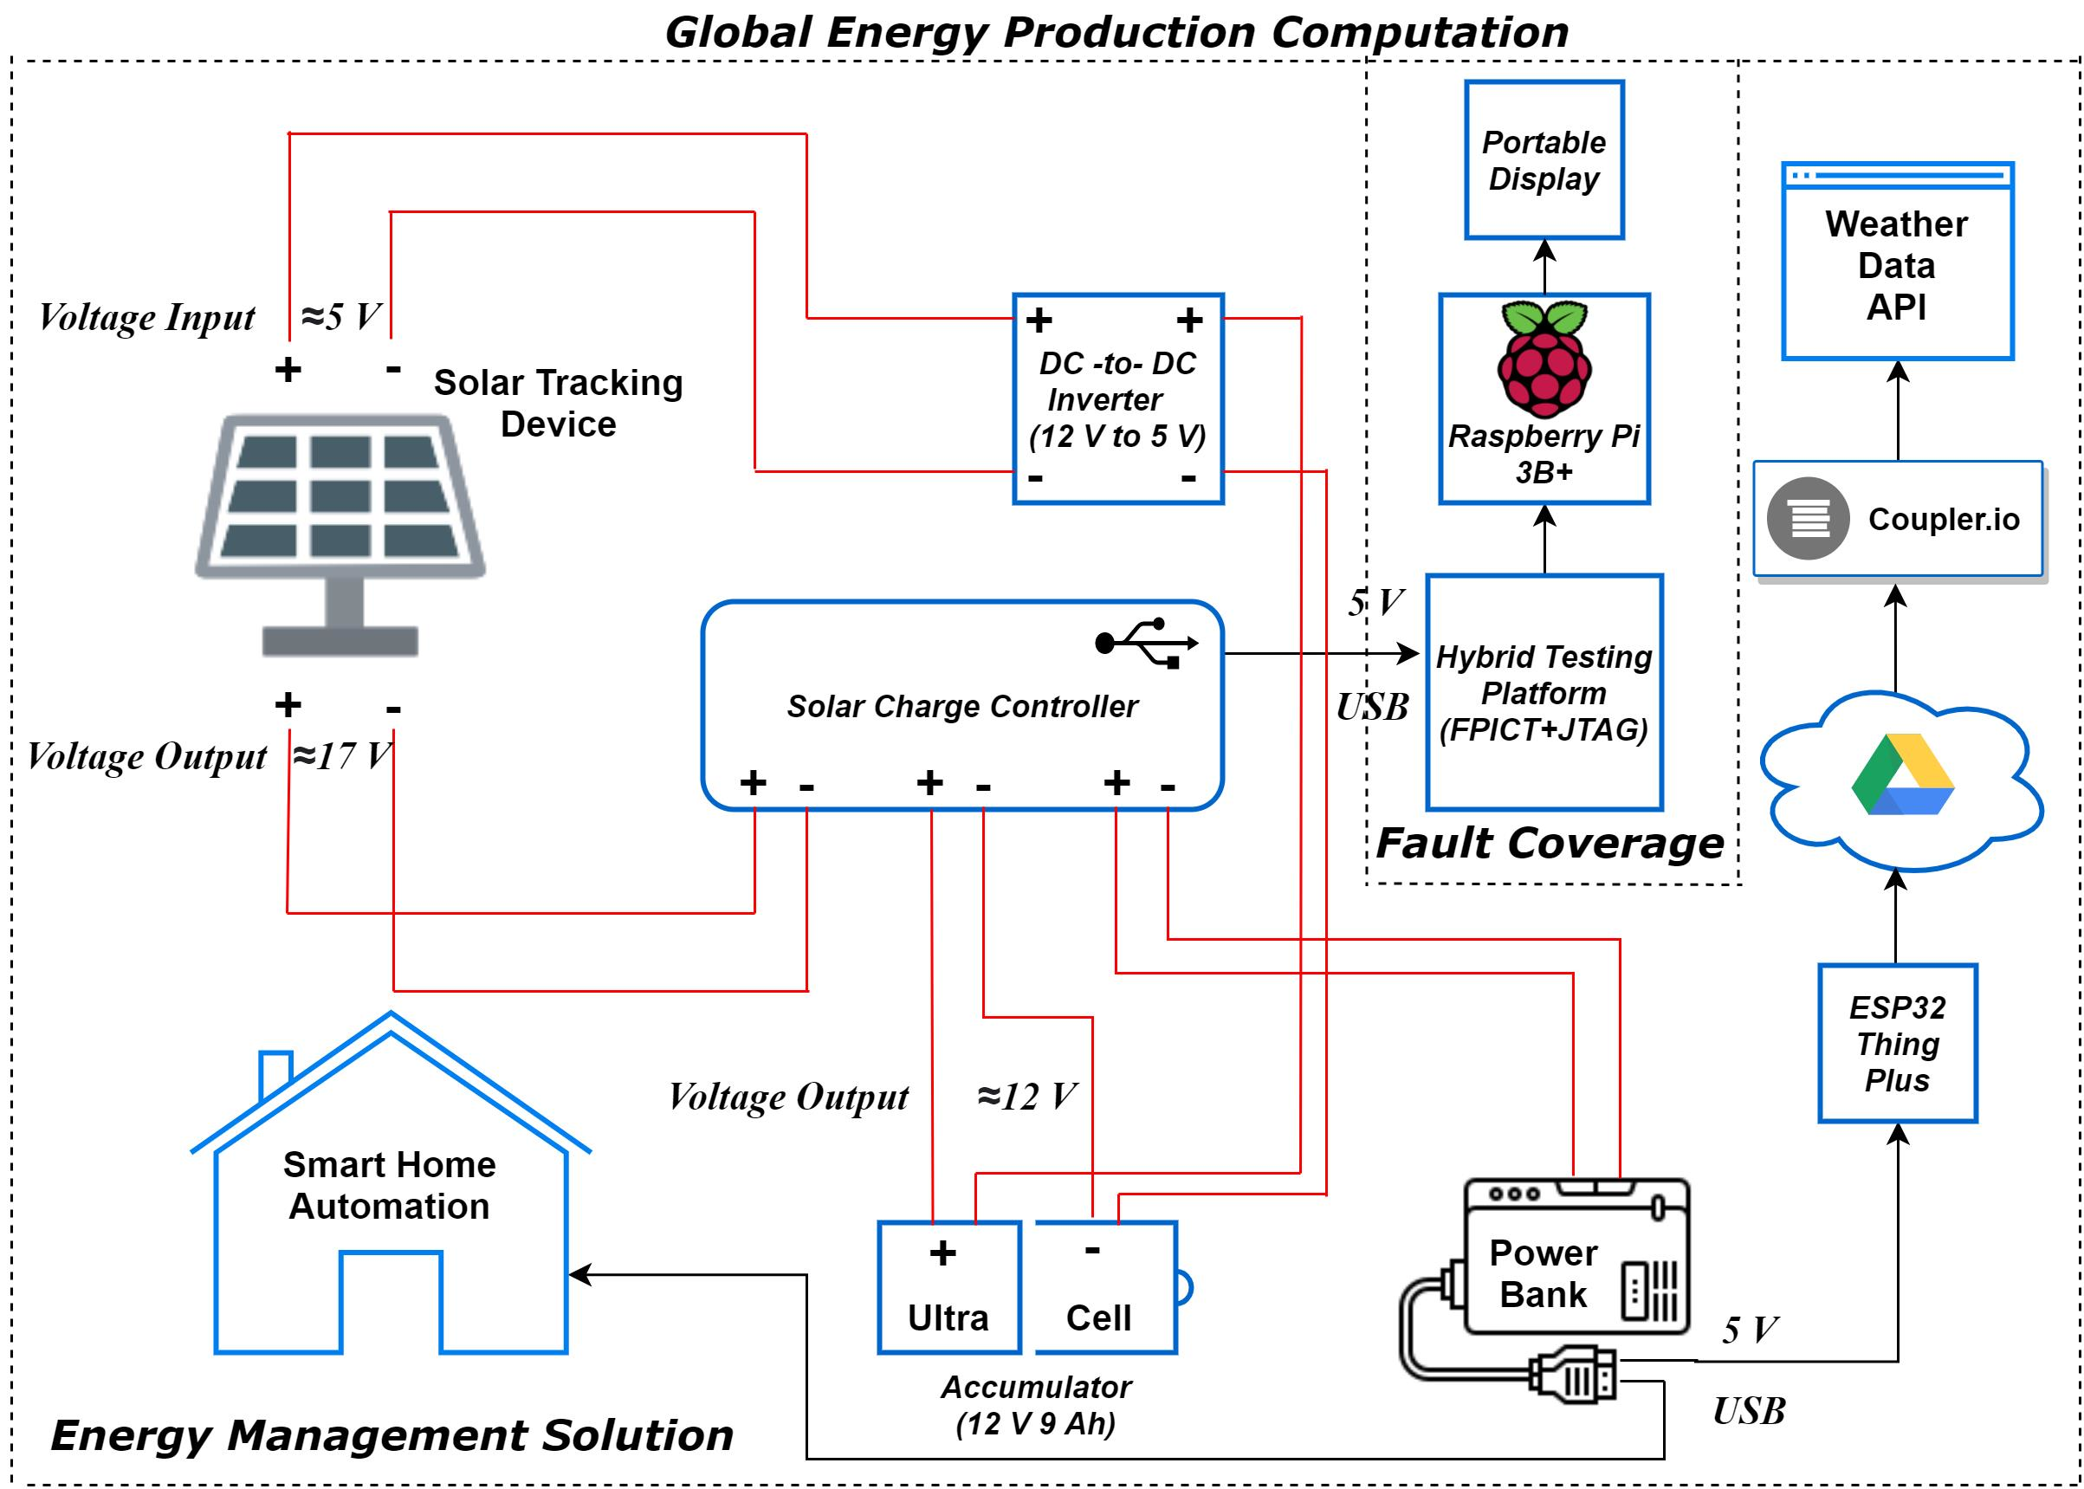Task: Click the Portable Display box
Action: point(1544,160)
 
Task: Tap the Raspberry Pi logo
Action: point(1544,359)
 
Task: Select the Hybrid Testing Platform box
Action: point(1544,692)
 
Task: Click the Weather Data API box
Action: point(1897,266)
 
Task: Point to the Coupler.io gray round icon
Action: point(1807,519)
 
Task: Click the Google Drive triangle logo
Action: point(1901,774)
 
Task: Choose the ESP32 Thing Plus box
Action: point(1897,1044)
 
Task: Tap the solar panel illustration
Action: point(340,514)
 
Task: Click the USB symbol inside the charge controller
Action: point(1146,642)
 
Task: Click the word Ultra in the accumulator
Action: point(948,1317)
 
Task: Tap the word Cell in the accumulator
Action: point(1098,1317)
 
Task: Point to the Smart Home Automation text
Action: point(390,1185)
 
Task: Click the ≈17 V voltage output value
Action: point(341,756)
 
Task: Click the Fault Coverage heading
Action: point(1550,843)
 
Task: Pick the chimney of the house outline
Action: point(275,1072)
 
